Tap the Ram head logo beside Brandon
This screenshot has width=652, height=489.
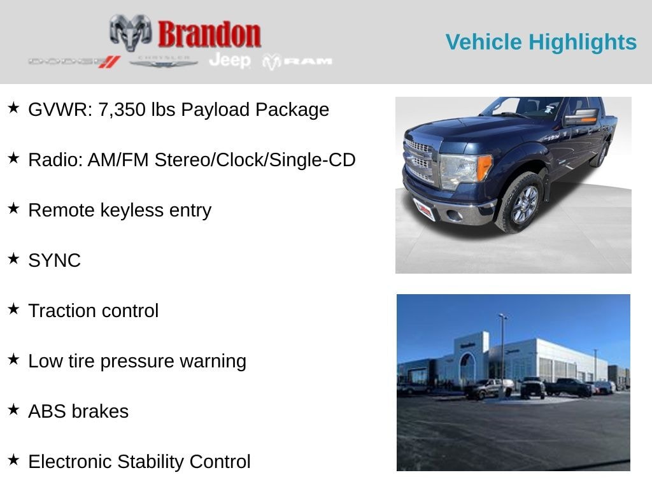pos(131,32)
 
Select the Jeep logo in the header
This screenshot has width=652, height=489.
pos(230,60)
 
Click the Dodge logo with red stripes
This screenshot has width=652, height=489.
pos(74,62)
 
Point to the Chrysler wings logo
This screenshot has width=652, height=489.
pos(164,61)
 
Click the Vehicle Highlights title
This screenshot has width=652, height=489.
pos(541,42)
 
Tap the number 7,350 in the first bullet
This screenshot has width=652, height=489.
pos(122,110)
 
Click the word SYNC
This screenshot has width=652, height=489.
pos(54,260)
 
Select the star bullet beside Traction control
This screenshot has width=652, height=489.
pos(13,309)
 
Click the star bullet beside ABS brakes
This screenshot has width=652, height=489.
pos(13,410)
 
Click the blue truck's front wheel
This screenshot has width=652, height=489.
pos(524,204)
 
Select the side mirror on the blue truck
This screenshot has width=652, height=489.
pos(580,117)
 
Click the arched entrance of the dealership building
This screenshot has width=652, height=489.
pos(468,369)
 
